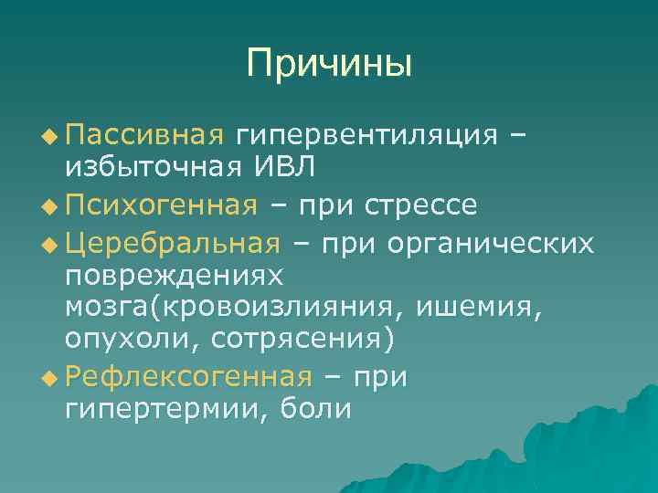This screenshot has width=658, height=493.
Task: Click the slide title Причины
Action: click(x=329, y=64)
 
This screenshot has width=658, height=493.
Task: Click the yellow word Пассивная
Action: click(x=144, y=135)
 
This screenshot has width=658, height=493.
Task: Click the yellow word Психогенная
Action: click(x=161, y=204)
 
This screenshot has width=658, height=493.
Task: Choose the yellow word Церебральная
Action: click(x=173, y=242)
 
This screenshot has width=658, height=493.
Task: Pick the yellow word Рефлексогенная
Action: click(x=188, y=375)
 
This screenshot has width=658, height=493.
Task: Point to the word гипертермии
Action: click(x=156, y=408)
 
